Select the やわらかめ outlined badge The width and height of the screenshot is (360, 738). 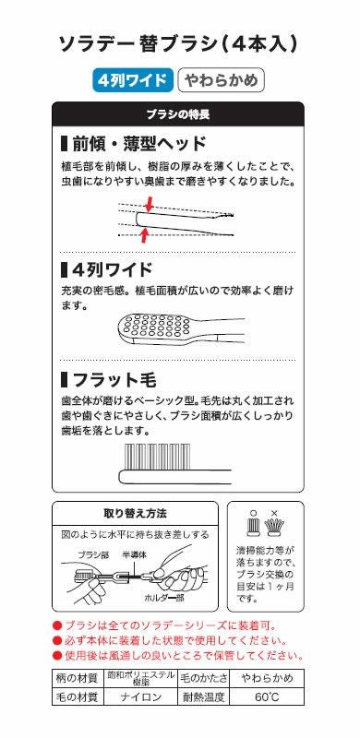pyautogui.click(x=221, y=80)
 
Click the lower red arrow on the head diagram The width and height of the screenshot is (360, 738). pyautogui.click(x=144, y=234)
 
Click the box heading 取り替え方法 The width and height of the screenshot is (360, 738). pyautogui.click(x=135, y=513)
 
